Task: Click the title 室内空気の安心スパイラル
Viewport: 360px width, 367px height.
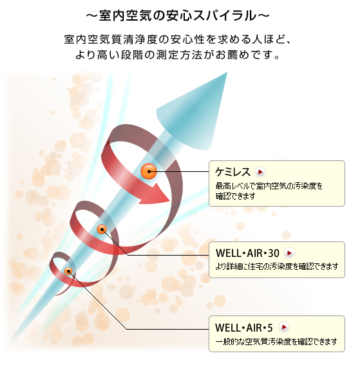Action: point(178,16)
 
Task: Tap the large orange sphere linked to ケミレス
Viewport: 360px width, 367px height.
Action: point(149,171)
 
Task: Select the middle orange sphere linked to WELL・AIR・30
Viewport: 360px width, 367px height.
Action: point(102,229)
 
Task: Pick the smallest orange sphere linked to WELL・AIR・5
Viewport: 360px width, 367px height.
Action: point(68,271)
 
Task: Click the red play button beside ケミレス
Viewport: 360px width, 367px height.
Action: point(260,172)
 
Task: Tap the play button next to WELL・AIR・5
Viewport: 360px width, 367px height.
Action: point(284,327)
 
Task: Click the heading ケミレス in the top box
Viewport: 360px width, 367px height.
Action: point(232,172)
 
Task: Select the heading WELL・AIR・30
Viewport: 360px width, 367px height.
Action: point(247,253)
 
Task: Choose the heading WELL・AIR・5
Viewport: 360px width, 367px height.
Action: point(244,328)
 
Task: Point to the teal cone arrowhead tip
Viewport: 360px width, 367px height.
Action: point(227,73)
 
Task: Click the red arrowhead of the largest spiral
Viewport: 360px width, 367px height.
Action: point(155,194)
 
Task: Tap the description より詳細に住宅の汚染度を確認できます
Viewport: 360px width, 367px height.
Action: point(277,266)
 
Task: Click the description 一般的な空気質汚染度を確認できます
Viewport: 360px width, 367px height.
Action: point(276,342)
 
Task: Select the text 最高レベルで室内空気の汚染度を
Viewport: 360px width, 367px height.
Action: point(269,186)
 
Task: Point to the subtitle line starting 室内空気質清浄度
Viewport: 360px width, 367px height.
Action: point(178,39)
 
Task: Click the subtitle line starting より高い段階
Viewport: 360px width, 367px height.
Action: point(178,55)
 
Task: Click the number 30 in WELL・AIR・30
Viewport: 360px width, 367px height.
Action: point(274,253)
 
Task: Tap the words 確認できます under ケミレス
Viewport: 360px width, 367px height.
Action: point(235,196)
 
